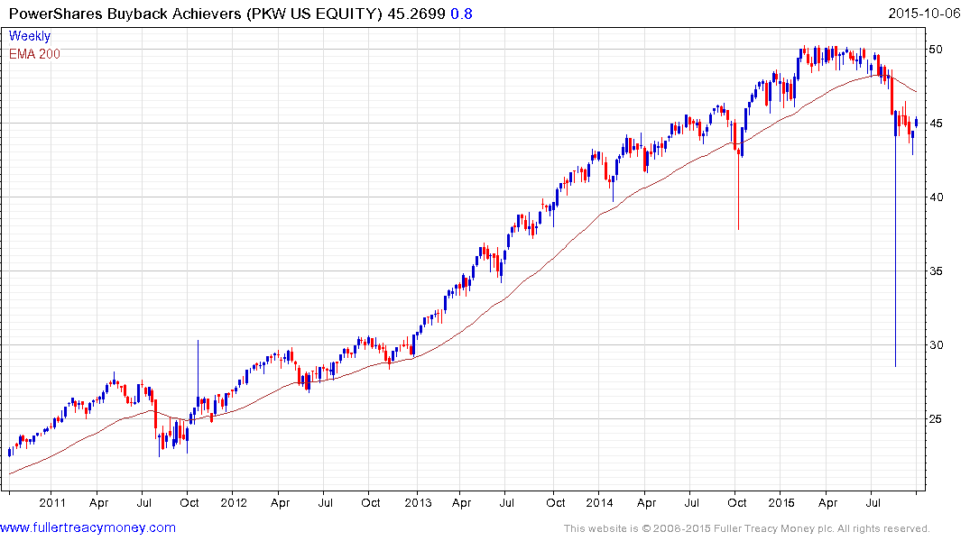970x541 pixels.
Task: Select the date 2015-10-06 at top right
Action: [927, 14]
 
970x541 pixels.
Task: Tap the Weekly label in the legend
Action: [30, 37]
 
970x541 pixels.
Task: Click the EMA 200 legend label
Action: [35, 53]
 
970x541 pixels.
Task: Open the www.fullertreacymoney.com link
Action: [88, 527]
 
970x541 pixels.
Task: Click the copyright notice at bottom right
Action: [746, 528]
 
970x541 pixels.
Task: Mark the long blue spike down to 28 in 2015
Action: [895, 270]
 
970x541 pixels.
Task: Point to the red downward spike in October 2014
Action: [738, 198]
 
